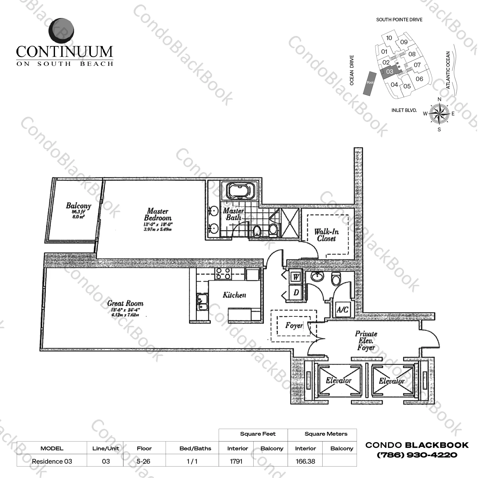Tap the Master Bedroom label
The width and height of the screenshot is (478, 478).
[158, 215]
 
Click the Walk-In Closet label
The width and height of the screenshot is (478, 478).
[326, 235]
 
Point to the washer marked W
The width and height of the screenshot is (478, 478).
[296, 277]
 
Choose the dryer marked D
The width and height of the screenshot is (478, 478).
[296, 292]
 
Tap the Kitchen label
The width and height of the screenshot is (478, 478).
[234, 295]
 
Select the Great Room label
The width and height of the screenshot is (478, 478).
[125, 303]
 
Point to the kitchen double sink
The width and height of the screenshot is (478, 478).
[201, 302]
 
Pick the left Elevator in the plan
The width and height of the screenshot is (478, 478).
[338, 381]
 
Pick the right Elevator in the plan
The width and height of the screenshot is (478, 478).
[392, 381]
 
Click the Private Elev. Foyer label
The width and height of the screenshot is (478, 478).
[366, 341]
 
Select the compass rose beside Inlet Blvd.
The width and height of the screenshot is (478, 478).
[439, 114]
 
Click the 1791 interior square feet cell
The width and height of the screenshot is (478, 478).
[236, 461]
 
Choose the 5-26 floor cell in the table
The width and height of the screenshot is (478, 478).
[144, 461]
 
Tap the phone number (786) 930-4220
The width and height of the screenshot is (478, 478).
[417, 455]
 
